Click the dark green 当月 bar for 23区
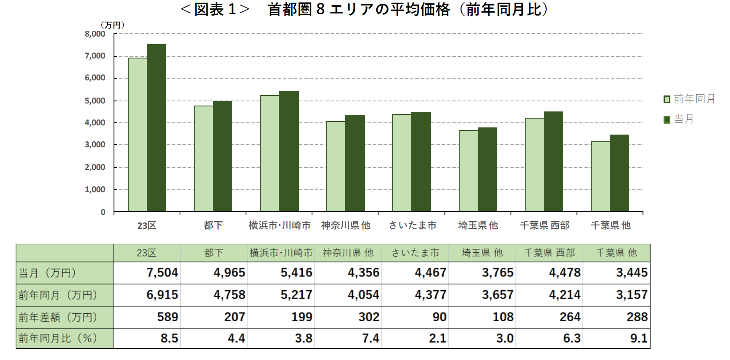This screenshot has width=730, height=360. (156, 128)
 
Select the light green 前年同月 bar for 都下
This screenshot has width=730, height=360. (204, 159)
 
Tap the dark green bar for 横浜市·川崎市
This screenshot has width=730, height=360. (289, 151)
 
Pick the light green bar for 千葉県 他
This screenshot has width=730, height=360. (600, 177)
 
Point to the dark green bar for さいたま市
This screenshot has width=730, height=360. (421, 161)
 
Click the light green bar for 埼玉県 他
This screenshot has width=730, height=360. (468, 171)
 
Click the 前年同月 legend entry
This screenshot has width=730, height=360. (690, 99)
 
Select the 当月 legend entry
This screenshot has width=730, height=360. (679, 119)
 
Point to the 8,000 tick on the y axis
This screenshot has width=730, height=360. (95, 34)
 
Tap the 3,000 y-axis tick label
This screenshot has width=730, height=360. (95, 145)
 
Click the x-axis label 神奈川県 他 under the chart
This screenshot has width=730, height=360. (346, 225)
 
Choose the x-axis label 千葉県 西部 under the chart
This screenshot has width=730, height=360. (545, 225)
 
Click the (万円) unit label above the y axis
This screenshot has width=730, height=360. (112, 25)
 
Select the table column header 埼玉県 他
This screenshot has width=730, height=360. (482, 253)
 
